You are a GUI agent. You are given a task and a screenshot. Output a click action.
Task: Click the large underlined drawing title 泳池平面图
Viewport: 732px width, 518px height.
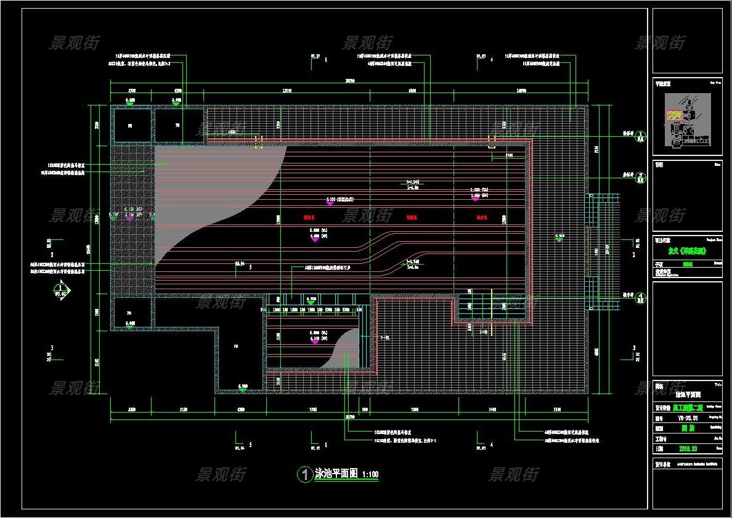pyautogui.click(x=336, y=474)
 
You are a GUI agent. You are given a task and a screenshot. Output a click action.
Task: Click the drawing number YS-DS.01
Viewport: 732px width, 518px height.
pyautogui.click(x=686, y=417)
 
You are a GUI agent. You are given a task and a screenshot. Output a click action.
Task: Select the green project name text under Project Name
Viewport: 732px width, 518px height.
pyautogui.click(x=687, y=251)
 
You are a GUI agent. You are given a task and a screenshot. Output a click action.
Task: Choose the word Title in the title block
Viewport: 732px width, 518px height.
pyautogui.click(x=717, y=383)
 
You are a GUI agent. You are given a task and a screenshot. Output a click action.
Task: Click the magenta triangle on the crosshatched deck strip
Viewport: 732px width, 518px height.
pyautogui.click(x=129, y=218)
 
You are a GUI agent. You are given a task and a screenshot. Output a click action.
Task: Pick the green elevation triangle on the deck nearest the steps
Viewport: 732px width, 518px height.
pyautogui.click(x=559, y=239)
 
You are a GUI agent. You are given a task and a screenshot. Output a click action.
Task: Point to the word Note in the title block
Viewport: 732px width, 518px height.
pyautogui.click(x=717, y=165)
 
